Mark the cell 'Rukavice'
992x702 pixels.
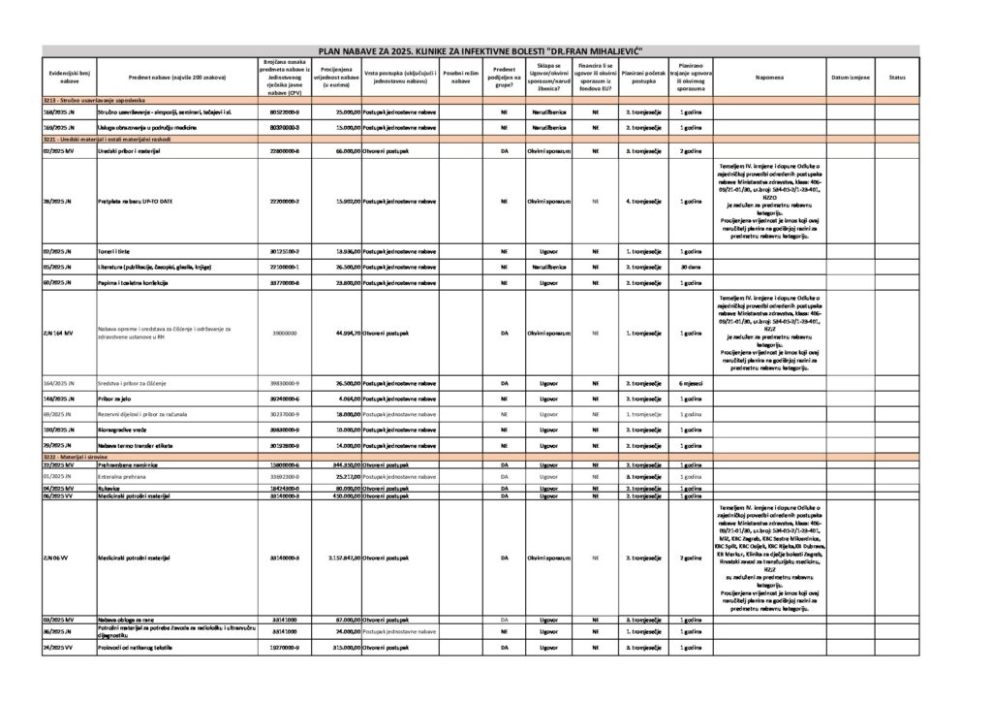coord(111,488)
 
